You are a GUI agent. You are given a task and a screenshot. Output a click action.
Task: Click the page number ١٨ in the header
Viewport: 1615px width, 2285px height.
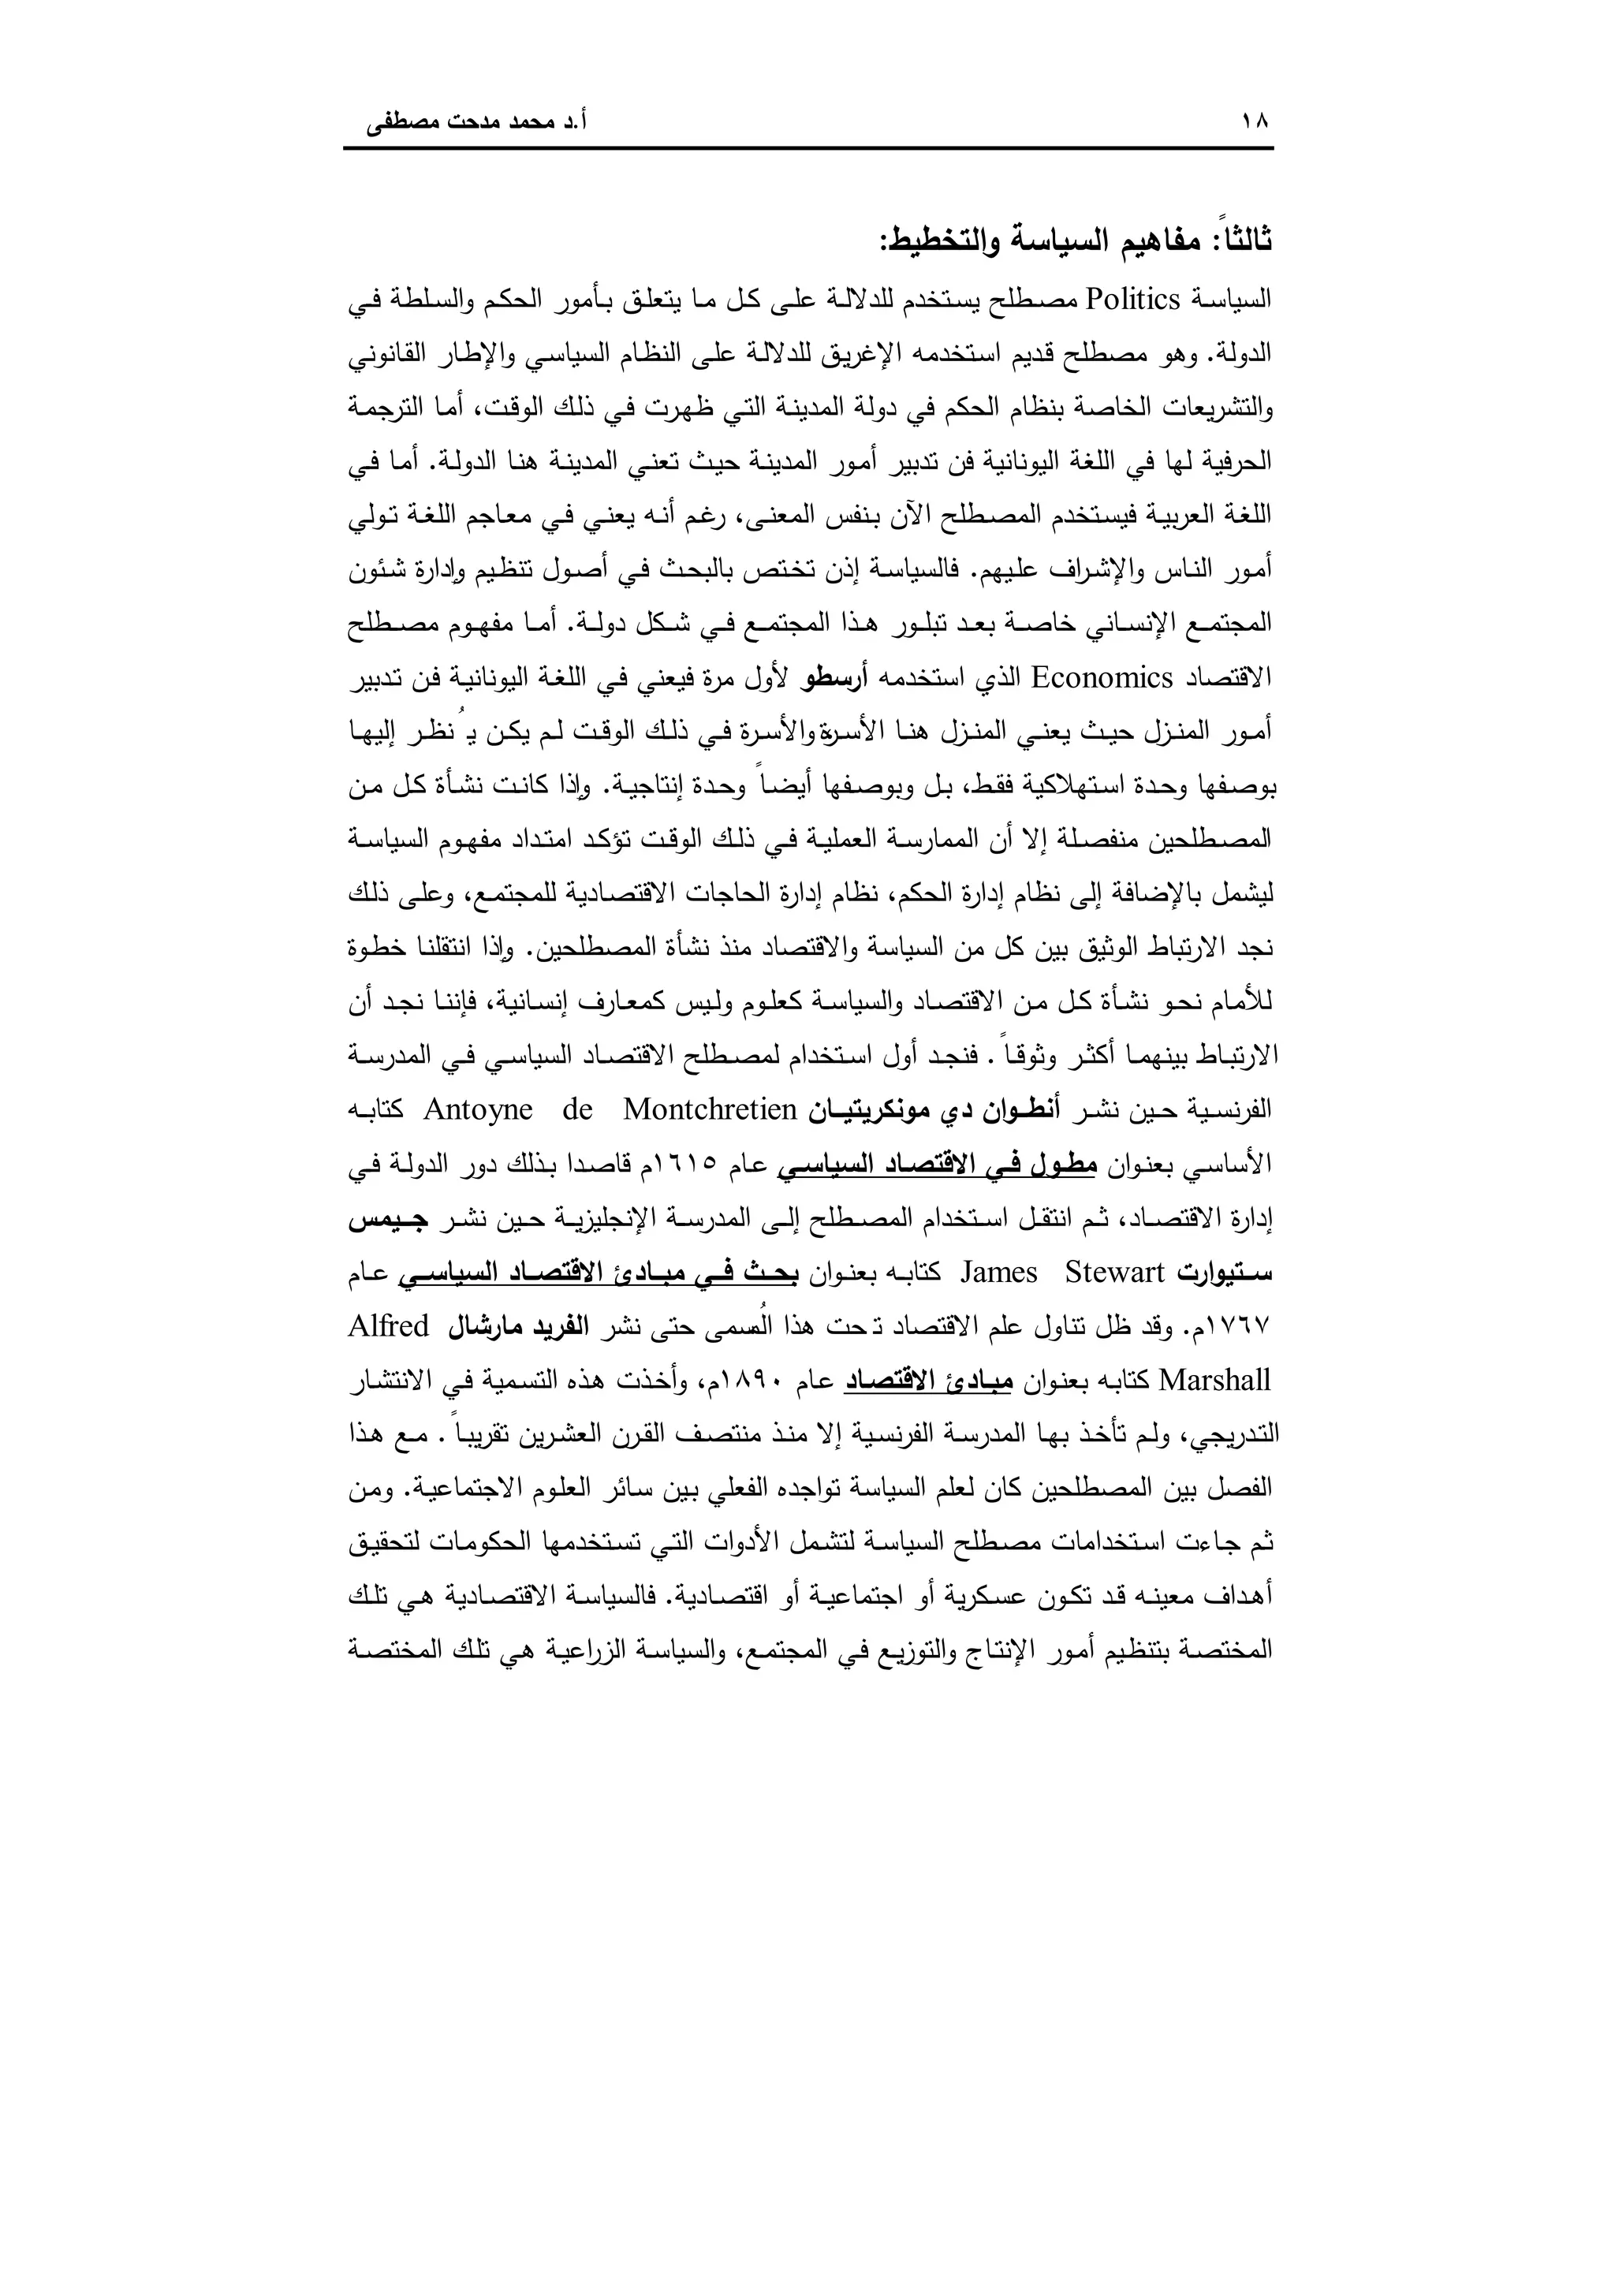[x=1255, y=122]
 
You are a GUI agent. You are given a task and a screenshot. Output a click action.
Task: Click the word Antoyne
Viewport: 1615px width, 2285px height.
[x=479, y=1109]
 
